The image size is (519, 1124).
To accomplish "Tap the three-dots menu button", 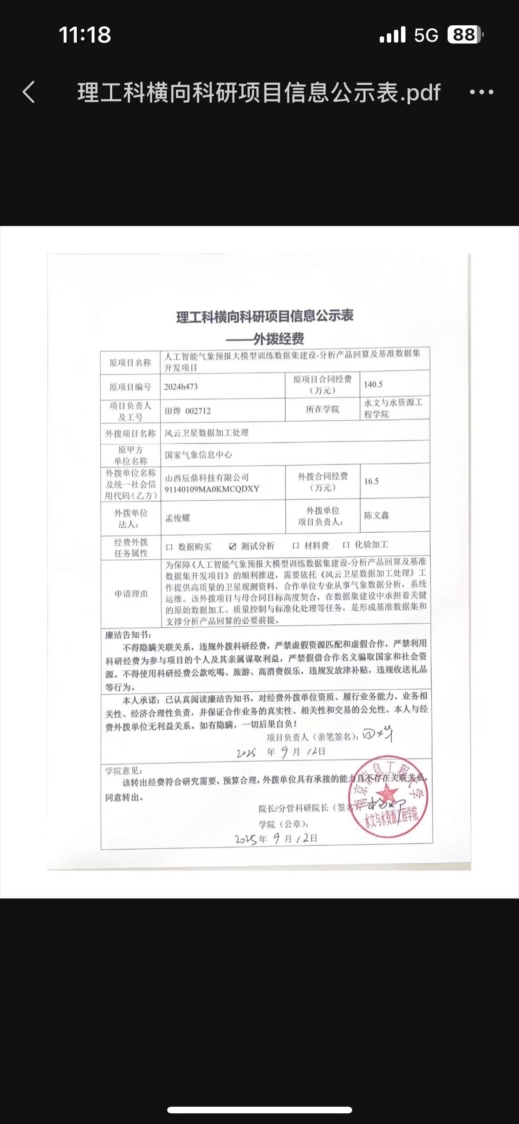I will click(x=481, y=92).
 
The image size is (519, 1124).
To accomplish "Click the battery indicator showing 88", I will click(x=464, y=35).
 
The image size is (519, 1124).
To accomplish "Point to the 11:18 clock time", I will click(x=85, y=35).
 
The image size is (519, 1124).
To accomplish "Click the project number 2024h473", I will click(x=181, y=387).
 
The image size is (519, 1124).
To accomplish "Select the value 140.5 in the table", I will click(x=373, y=384).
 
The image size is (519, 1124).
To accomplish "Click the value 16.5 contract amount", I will click(x=371, y=481).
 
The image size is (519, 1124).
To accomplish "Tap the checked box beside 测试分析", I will click(x=232, y=546).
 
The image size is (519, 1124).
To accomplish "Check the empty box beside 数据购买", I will click(x=169, y=547).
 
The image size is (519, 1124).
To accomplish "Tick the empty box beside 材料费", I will click(x=296, y=546).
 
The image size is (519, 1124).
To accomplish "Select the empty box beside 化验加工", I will click(x=346, y=545).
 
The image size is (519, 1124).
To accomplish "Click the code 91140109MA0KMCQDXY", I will click(x=212, y=489).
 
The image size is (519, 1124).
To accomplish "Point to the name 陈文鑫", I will click(x=376, y=515).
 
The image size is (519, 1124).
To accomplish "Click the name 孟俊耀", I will click(x=177, y=518).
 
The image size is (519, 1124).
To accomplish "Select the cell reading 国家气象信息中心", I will click(x=198, y=455).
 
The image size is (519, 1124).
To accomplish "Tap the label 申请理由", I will click(x=131, y=594).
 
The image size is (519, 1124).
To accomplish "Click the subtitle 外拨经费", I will click(x=279, y=339).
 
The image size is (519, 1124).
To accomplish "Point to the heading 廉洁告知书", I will click(x=128, y=635).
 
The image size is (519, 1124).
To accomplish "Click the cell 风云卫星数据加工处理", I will click(x=206, y=433).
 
